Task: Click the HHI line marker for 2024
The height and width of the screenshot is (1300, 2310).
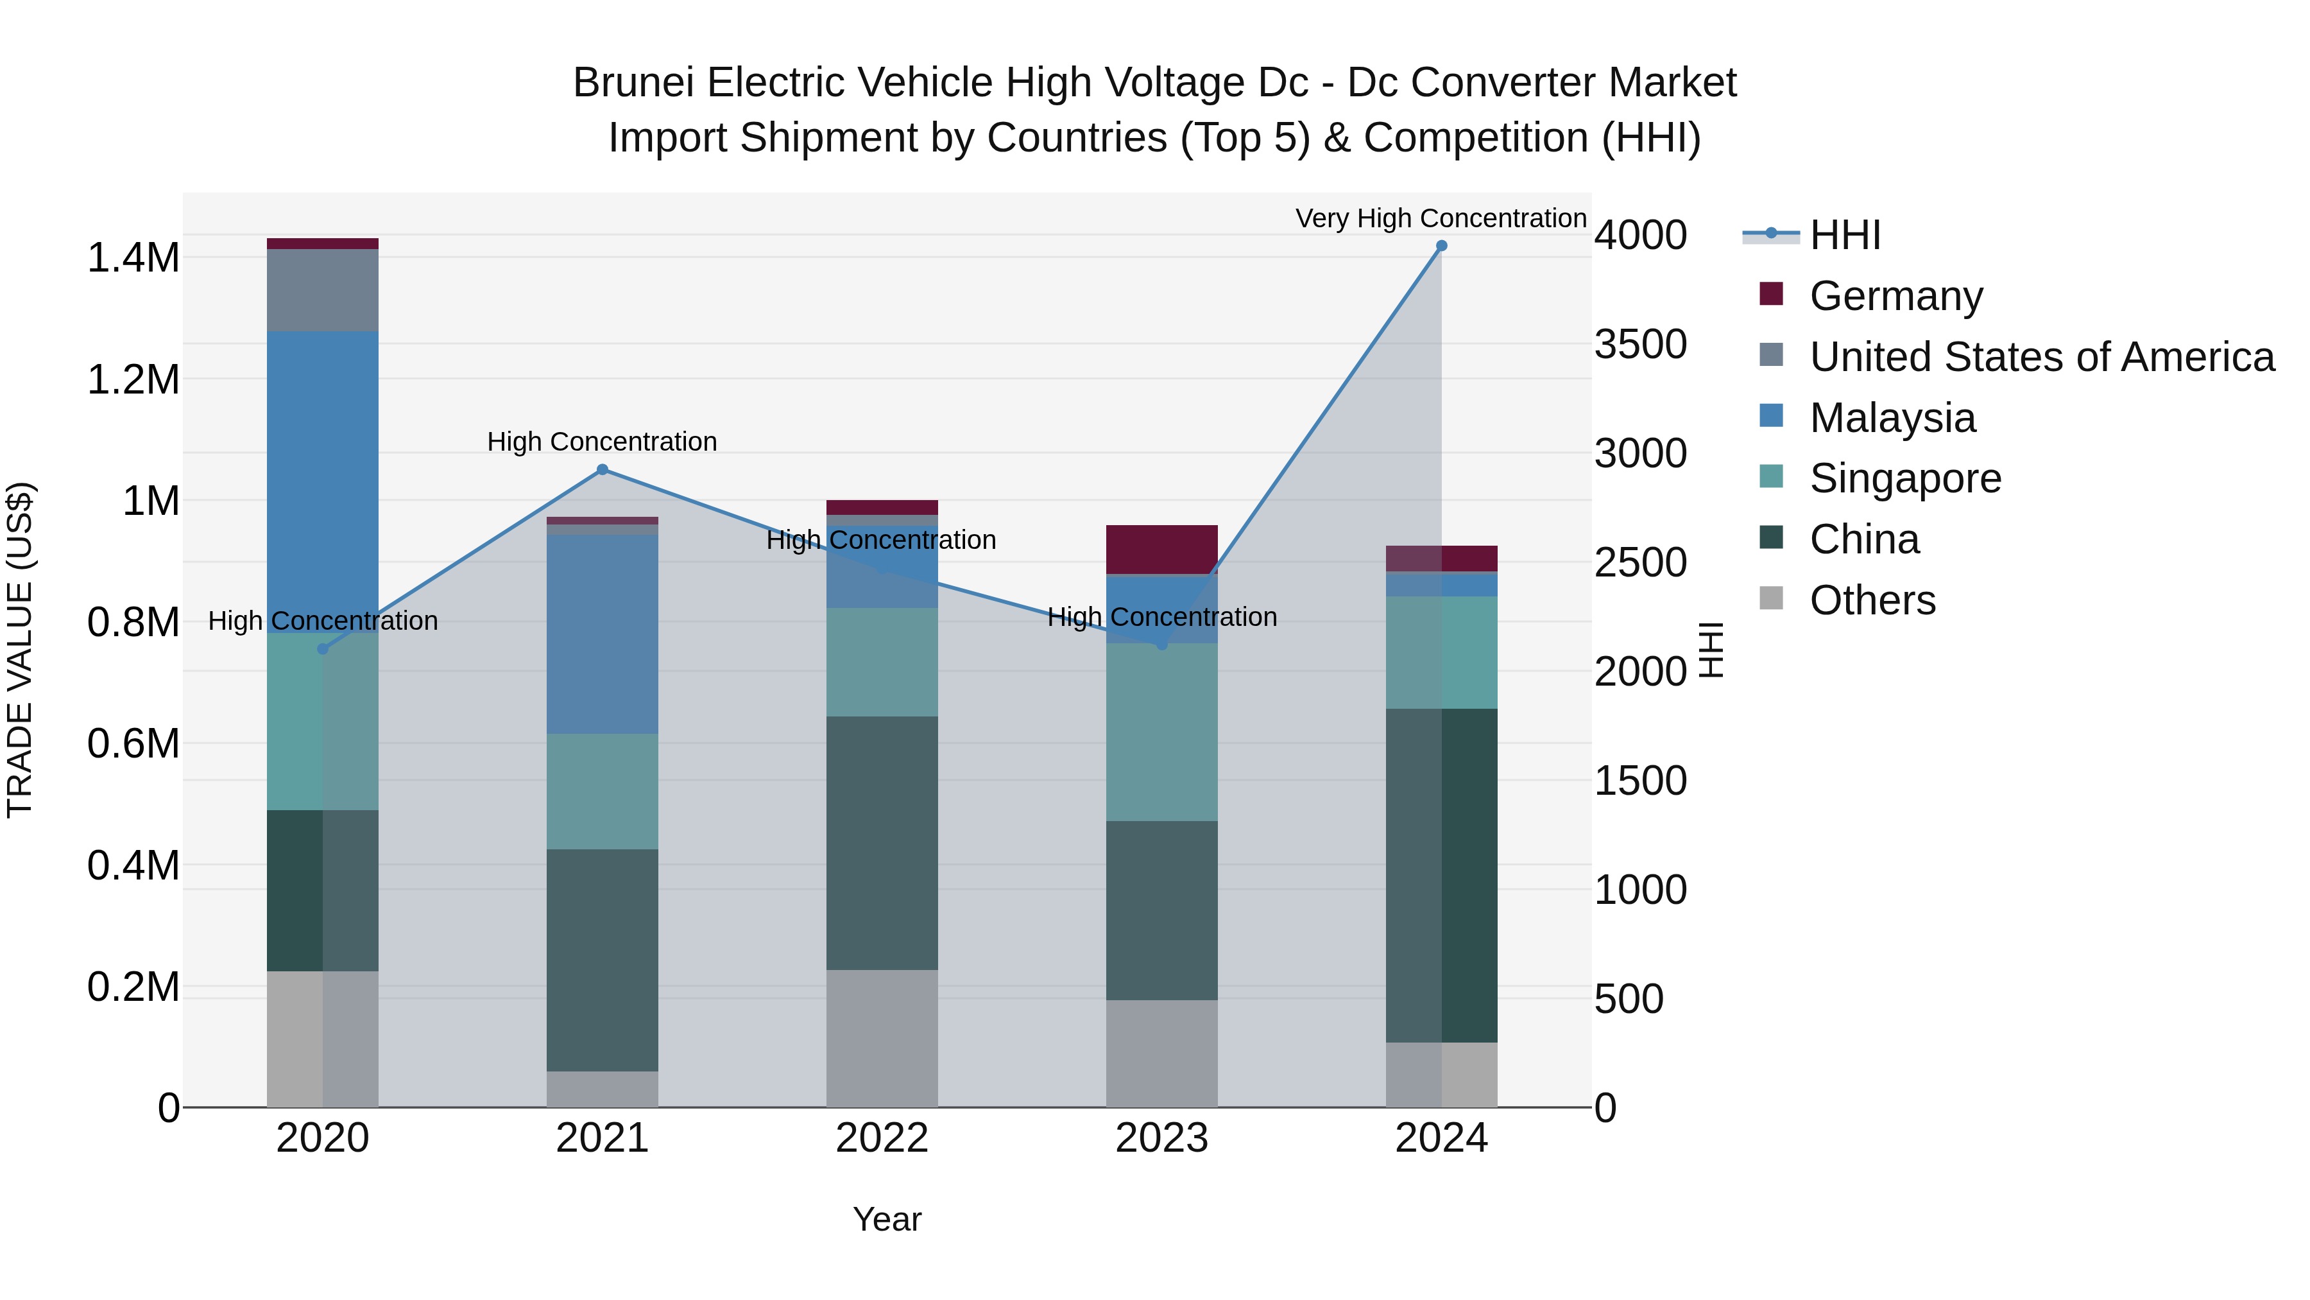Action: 1441,246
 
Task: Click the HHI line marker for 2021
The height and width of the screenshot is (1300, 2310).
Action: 603,469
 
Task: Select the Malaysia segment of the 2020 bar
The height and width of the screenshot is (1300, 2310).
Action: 323,481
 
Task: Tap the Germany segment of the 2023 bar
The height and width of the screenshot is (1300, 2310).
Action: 1161,549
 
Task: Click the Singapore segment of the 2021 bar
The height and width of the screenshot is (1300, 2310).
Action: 603,792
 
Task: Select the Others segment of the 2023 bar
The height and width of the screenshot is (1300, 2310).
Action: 1161,1053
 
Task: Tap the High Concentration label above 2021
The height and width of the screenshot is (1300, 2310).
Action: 602,442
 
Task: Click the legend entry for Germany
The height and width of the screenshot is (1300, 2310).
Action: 1895,296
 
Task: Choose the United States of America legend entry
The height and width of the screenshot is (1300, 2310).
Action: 2041,357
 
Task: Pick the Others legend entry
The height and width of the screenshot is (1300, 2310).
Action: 1872,600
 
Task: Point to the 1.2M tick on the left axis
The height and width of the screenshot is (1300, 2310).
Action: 133,379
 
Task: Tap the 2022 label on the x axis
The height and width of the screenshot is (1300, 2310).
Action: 882,1138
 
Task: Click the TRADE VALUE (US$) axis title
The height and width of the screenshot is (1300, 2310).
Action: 20,650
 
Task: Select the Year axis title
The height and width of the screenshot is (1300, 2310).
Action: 887,1219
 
